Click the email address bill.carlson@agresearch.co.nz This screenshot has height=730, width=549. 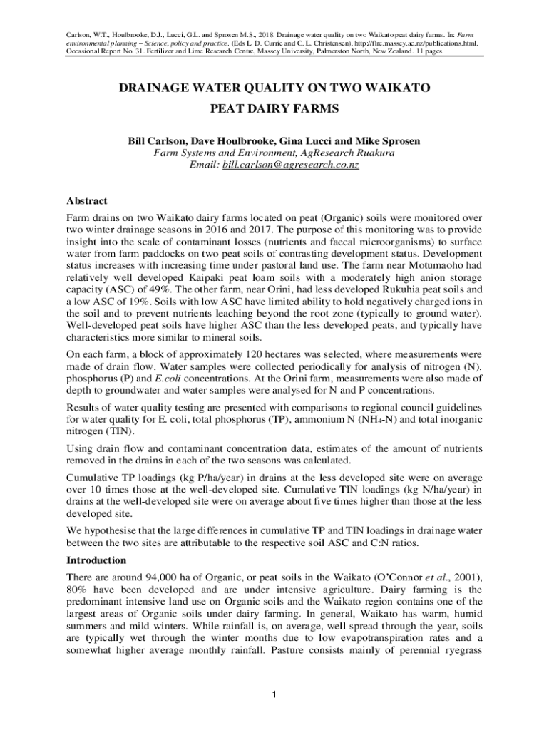point(290,165)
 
